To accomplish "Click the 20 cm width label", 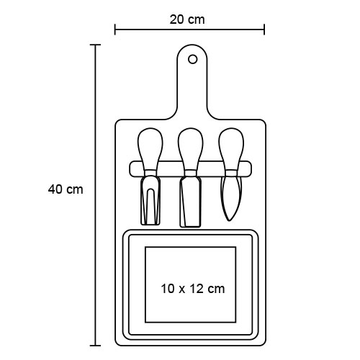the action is point(187,19).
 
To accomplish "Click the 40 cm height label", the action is point(66,189).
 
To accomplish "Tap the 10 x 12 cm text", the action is point(193,289).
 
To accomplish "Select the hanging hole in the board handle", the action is point(192,59).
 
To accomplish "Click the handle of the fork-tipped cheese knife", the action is point(150,149).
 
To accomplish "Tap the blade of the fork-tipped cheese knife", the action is point(150,201).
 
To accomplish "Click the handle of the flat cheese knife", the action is point(191,149).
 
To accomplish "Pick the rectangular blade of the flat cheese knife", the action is point(191,202).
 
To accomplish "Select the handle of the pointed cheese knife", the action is point(231,149).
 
